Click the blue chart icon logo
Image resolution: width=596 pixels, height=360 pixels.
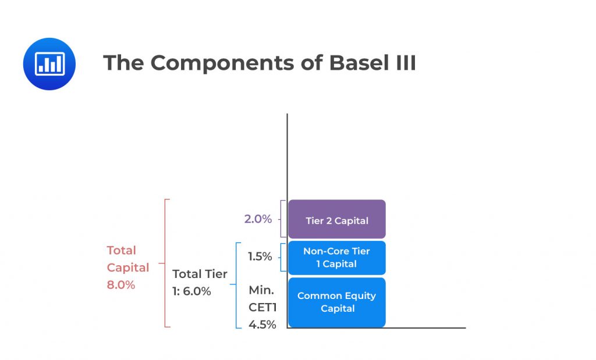click(x=49, y=64)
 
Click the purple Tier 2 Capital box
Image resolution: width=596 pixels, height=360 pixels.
click(x=337, y=220)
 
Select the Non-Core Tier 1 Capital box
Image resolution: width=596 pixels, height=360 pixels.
click(x=337, y=258)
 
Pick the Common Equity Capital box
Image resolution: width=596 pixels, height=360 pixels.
click(x=337, y=302)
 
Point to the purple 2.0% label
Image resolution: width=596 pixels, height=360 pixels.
click(x=258, y=219)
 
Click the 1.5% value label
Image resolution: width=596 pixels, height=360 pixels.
click(x=260, y=256)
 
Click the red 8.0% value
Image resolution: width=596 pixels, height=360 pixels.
click(x=121, y=285)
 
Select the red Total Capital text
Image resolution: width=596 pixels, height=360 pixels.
click(x=127, y=259)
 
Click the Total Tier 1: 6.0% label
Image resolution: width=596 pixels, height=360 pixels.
click(x=200, y=282)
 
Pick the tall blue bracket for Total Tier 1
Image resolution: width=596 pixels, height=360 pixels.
click(x=236, y=285)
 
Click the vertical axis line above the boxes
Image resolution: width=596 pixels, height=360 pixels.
click(x=288, y=157)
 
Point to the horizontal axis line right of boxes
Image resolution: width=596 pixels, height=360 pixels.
click(x=425, y=328)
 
